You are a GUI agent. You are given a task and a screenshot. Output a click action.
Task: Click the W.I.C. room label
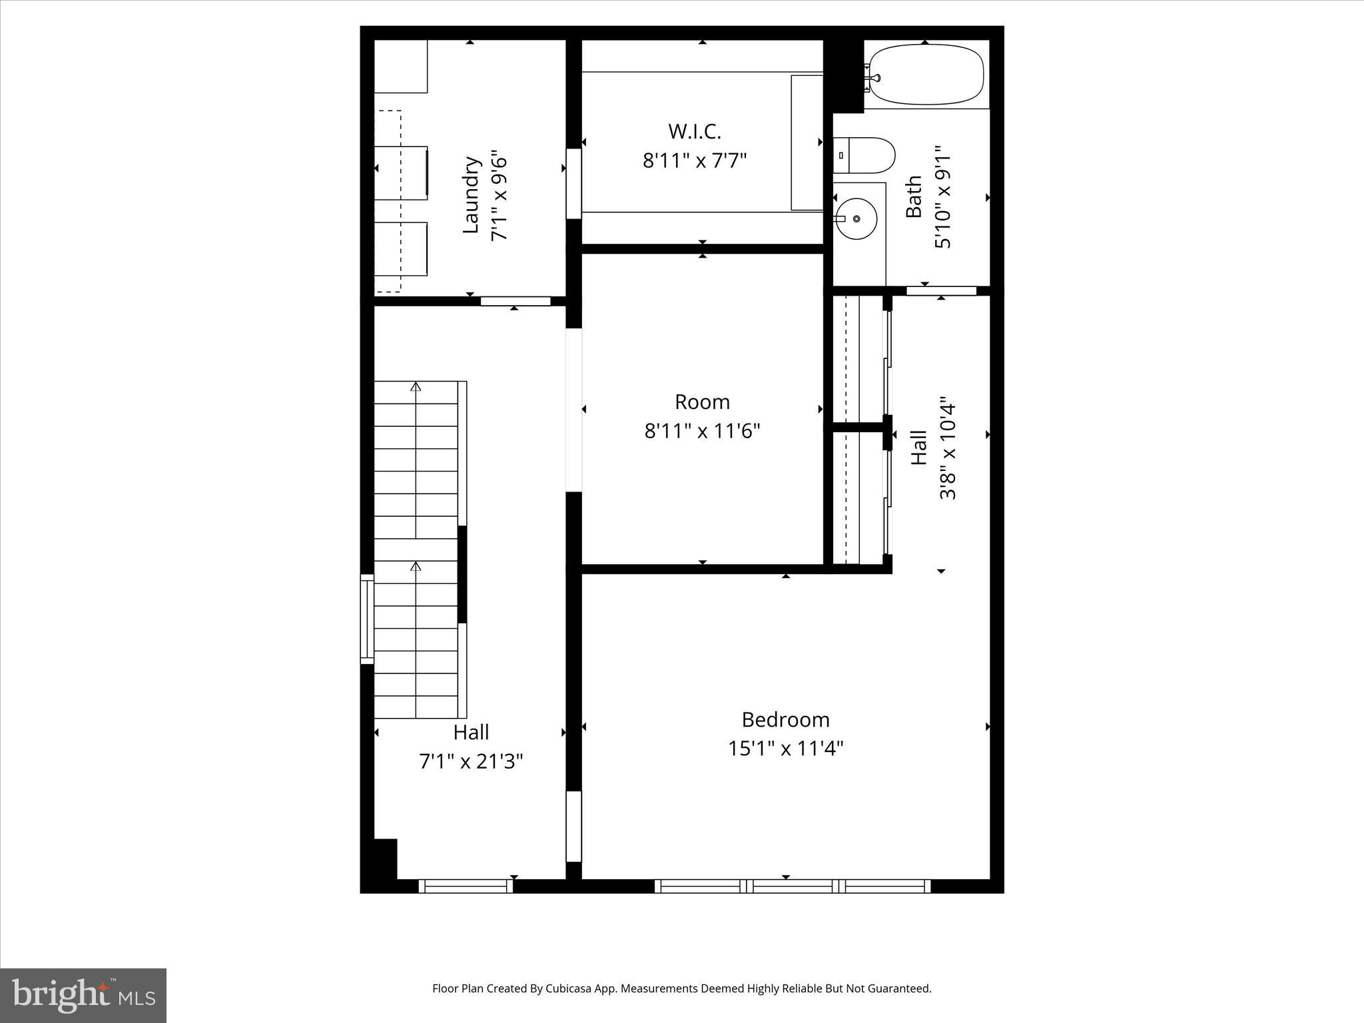coord(695,131)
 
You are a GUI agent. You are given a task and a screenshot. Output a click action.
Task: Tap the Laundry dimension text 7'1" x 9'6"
coord(500,198)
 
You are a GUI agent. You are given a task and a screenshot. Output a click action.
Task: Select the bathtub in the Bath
coord(926,75)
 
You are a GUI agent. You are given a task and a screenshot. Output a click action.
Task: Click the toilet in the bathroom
coord(864,155)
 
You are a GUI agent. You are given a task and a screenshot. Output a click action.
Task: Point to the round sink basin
coord(856,218)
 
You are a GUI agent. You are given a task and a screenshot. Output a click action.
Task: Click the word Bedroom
coord(785,719)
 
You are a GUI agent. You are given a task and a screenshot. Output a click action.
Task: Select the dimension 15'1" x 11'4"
coord(785,749)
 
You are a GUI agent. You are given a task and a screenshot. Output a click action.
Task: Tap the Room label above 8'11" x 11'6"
coord(702,402)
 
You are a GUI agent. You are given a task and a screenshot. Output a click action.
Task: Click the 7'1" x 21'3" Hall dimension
coord(471,761)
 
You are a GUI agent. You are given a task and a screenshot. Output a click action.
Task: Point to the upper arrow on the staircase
coord(416,386)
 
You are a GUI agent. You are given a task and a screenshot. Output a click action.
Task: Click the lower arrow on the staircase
coord(416,567)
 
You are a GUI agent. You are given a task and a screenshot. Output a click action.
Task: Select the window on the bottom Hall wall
coord(466,886)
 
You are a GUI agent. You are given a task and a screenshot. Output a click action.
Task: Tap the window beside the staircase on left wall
coord(367,619)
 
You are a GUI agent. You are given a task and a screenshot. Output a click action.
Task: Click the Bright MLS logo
coord(83,995)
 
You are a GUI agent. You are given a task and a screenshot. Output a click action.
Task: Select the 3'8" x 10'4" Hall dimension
coord(948,450)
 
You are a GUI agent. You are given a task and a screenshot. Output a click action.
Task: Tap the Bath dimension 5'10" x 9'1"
coord(943,197)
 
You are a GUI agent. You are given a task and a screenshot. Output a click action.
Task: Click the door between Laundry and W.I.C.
coord(573,183)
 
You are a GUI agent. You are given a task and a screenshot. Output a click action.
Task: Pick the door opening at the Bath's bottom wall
coord(941,291)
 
